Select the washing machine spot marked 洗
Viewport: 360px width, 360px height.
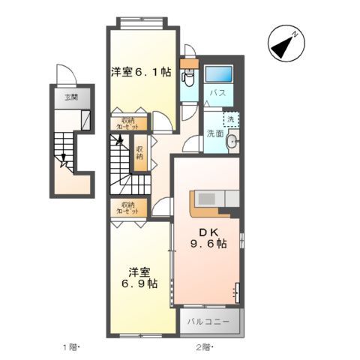coord(231,119)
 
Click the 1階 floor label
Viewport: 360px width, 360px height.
coord(69,346)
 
